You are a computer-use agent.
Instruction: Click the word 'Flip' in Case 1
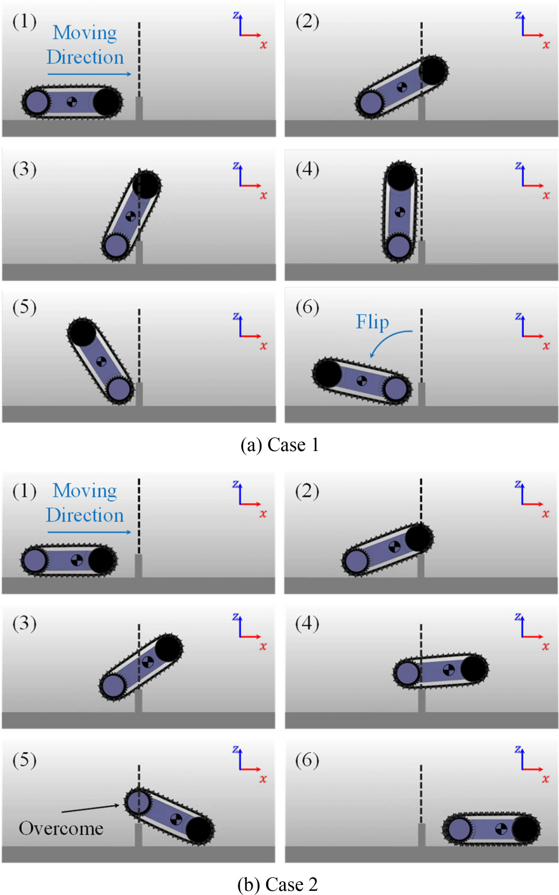point(372,322)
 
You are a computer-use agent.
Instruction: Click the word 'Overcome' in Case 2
point(61,828)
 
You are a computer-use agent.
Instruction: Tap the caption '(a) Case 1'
point(279,445)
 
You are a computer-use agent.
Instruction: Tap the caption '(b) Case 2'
point(277,884)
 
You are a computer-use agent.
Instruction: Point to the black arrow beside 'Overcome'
point(90,808)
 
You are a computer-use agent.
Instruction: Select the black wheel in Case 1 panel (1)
point(106,102)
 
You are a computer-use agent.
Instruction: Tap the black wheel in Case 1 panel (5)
point(82,332)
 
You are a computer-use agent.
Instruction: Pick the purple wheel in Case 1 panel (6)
point(395,388)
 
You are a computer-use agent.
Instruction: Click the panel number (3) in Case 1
point(24,170)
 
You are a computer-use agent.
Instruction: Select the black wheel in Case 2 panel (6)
point(525,829)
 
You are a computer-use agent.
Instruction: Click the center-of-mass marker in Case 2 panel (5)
point(176,819)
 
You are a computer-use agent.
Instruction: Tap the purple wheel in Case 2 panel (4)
point(407,673)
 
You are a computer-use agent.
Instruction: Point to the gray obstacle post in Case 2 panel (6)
point(422,835)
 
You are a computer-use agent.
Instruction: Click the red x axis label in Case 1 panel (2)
point(546,45)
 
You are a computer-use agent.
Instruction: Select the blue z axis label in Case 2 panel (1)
point(235,484)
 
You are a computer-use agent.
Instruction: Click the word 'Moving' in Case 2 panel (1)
point(85,491)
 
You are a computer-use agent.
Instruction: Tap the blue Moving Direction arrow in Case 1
point(89,74)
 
